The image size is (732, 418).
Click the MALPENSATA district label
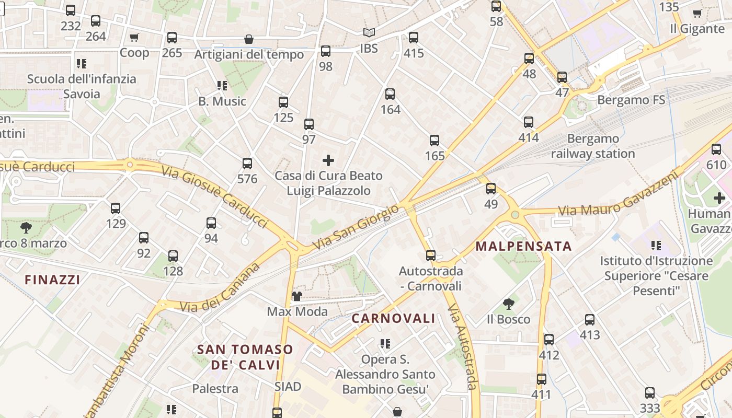pos(523,246)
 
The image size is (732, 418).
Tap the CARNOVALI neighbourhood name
pos(393,318)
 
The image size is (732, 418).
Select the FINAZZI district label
pos(52,280)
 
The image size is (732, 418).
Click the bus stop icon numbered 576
pos(247,164)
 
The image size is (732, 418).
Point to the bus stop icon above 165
pos(434,140)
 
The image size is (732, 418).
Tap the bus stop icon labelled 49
pos(491,189)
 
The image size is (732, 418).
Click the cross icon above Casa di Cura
pos(328,160)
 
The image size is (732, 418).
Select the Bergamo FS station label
pos(631,99)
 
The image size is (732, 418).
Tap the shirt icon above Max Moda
pos(297,296)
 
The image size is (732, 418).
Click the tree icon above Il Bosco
pos(508,304)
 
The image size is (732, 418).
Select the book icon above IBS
pos(369,32)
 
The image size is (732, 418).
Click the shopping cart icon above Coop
pos(134,37)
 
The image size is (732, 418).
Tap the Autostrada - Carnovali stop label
pos(431,278)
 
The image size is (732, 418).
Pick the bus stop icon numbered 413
pos(590,319)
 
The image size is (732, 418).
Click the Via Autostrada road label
pos(463,347)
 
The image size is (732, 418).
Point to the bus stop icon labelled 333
pos(650,392)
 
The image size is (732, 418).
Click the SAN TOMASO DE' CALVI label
pos(245,357)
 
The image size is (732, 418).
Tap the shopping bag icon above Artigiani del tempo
pos(249,39)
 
